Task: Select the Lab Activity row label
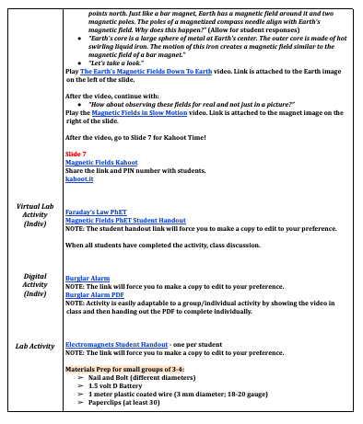pyautogui.click(x=33, y=346)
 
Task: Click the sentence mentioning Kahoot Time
pyautogui.click(x=135, y=136)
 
